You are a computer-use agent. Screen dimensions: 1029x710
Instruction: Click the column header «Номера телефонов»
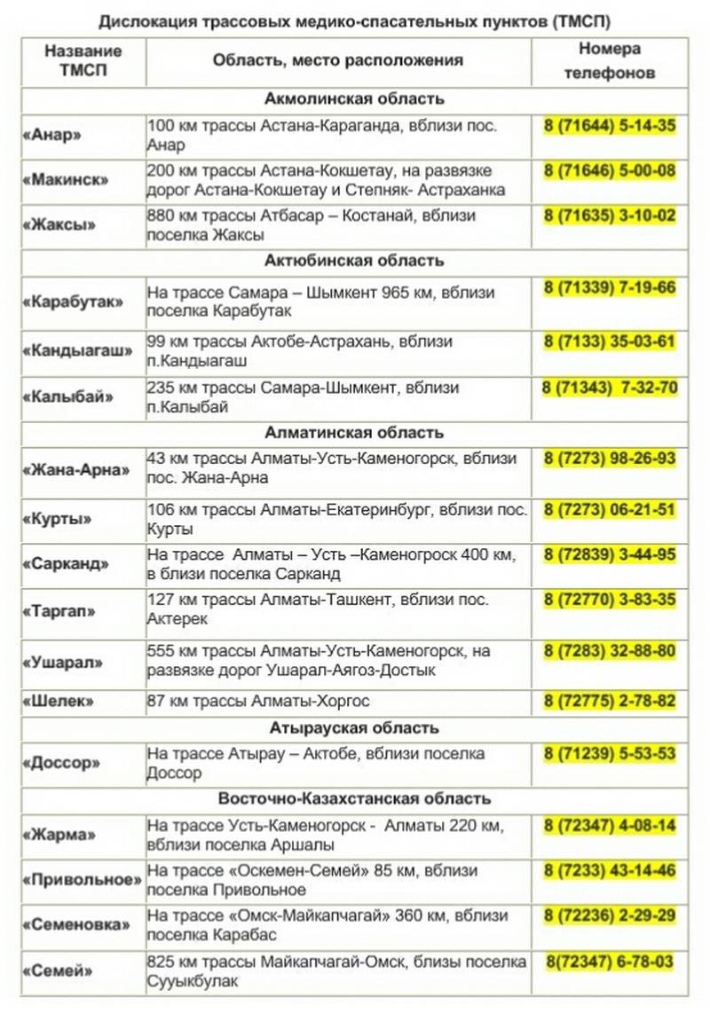tap(609, 61)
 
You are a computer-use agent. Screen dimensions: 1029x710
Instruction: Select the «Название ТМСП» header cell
tap(83, 61)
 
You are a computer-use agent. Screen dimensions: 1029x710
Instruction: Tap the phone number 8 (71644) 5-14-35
tap(610, 126)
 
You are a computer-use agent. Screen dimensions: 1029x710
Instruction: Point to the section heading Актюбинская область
tap(354, 261)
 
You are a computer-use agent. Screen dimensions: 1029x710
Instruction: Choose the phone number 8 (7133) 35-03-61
tap(610, 342)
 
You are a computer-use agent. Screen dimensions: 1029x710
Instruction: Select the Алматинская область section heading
tap(354, 433)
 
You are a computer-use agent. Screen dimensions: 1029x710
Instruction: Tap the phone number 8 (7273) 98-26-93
tap(610, 459)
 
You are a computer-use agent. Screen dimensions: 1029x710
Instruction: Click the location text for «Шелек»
tap(258, 702)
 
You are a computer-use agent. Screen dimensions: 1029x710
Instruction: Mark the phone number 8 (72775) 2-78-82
tap(610, 701)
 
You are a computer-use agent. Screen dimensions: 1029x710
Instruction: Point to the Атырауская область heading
tap(354, 728)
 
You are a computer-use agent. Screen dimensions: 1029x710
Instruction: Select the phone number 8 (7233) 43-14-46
tap(610, 871)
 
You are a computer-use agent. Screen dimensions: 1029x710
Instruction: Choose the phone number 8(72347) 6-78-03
tap(610, 962)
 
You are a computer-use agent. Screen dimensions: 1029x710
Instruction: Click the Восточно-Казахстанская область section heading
tap(354, 799)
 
